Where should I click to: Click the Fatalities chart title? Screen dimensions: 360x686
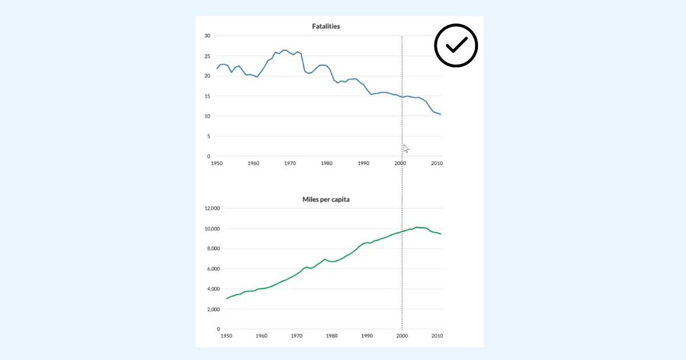[326, 26]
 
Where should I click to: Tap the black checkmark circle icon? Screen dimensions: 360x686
[456, 46]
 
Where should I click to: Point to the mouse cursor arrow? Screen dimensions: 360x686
[406, 149]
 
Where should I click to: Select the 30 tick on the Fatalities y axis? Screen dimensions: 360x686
[208, 36]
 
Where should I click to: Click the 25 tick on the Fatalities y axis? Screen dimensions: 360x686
[208, 56]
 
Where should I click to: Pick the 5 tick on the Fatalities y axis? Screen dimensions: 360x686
[209, 136]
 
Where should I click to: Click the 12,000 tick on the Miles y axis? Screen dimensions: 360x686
[212, 209]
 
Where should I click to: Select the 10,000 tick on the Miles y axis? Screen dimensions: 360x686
[212, 229]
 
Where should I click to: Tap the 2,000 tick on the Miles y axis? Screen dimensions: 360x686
[213, 309]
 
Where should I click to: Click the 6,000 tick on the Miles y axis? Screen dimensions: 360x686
[213, 269]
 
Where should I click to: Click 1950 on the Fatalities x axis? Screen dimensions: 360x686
[217, 163]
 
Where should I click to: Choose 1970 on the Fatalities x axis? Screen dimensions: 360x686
[290, 163]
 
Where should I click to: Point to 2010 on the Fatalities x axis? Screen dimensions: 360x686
[436, 163]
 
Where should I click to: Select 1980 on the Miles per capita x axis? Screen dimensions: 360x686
[332, 336]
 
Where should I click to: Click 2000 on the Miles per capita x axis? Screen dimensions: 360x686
[401, 336]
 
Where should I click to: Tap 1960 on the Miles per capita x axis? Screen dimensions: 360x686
[261, 336]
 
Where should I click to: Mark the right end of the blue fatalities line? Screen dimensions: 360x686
[440, 114]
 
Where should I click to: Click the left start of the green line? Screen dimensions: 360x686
[226, 299]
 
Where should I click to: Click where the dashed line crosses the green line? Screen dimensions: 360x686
[402, 231]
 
